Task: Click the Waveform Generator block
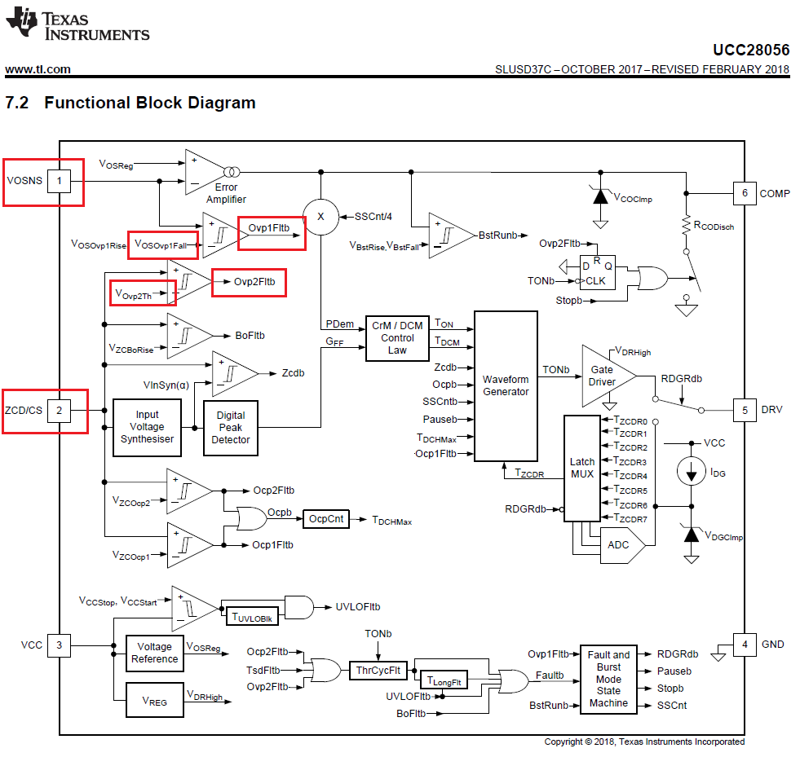point(506,385)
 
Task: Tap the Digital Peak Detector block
point(231,427)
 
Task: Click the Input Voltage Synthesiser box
point(148,427)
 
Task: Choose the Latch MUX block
point(581,468)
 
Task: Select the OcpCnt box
point(326,518)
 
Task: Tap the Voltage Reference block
point(154,653)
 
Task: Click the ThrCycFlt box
point(378,671)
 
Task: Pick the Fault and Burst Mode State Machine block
point(608,678)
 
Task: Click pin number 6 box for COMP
point(744,194)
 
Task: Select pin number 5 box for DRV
point(744,410)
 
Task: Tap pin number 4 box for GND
point(744,645)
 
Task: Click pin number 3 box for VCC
point(58,645)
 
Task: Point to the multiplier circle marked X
point(320,217)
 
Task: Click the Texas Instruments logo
point(77,25)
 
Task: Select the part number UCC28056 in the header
point(750,50)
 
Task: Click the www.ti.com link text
point(38,69)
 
